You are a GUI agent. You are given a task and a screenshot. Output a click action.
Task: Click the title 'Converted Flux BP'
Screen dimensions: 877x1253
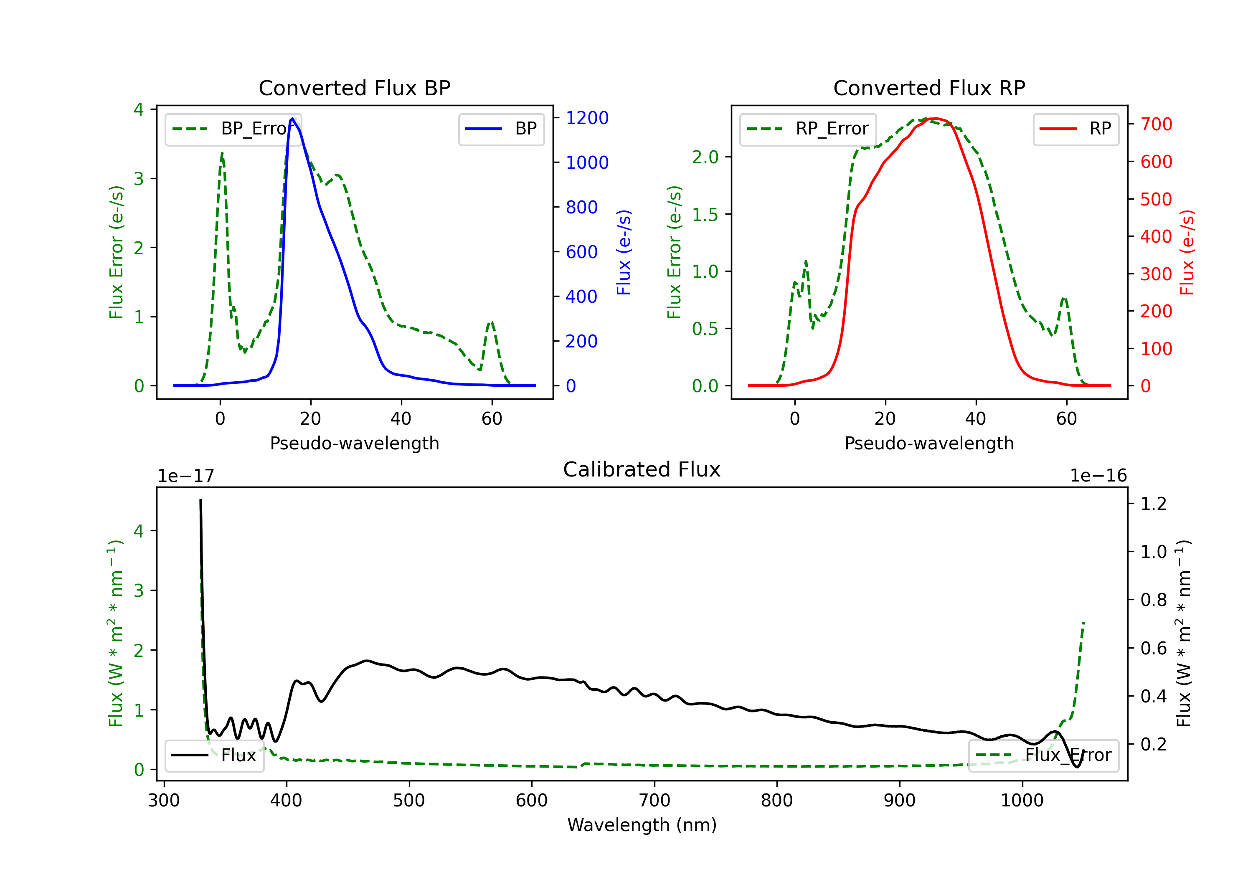tap(354, 88)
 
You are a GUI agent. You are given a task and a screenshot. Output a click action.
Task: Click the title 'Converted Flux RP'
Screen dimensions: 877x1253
tap(929, 88)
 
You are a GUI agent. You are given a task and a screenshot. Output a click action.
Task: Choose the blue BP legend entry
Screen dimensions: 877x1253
tap(501, 129)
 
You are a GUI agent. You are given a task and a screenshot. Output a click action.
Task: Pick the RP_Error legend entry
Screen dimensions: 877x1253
tap(808, 129)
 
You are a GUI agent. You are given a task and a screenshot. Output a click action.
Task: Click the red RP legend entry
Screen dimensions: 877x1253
tap(1075, 129)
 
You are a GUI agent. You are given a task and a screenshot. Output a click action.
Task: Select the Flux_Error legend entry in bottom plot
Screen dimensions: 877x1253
tap(1043, 755)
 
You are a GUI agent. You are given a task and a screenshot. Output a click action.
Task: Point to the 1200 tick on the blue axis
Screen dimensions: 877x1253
tap(587, 118)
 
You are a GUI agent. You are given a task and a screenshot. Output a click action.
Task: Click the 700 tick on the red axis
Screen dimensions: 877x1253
tap(1156, 124)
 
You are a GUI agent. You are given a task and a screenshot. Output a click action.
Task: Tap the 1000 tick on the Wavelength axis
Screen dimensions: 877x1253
tap(1022, 801)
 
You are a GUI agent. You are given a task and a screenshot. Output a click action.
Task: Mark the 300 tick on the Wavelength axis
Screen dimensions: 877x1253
tap(164, 801)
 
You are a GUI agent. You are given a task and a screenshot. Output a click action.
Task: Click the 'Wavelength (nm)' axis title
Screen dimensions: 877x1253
tap(642, 825)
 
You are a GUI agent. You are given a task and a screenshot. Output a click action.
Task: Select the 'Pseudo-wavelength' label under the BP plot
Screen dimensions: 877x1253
tap(354, 443)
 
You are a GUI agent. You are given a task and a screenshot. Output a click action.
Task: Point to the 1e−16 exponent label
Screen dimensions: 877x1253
tap(1098, 476)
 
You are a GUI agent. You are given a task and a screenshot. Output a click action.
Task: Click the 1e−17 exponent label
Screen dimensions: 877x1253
tap(186, 476)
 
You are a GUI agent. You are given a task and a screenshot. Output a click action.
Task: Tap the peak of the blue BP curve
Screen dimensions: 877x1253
tap(292, 119)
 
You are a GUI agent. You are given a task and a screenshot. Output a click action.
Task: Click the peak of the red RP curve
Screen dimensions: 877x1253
tap(935, 119)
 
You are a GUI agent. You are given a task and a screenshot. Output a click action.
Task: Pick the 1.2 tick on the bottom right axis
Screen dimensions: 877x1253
tap(1153, 503)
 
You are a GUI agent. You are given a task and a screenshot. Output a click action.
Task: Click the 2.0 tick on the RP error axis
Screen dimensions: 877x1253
tap(705, 157)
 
